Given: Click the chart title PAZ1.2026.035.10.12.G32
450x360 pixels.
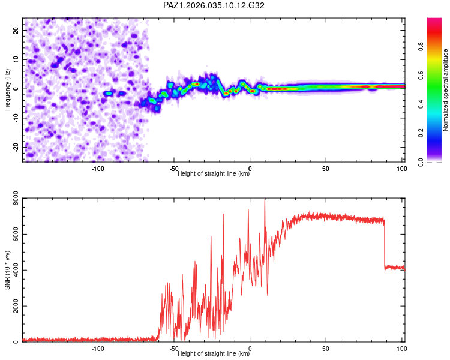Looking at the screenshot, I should [214, 5].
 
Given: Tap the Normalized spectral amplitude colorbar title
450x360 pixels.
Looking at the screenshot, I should [446, 90].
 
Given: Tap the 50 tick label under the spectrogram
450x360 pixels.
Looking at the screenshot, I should [326, 168].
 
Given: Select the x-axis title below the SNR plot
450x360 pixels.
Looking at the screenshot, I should [214, 354].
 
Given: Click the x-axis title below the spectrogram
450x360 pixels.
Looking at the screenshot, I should [214, 174].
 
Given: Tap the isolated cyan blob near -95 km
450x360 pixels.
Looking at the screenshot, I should [109, 94].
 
